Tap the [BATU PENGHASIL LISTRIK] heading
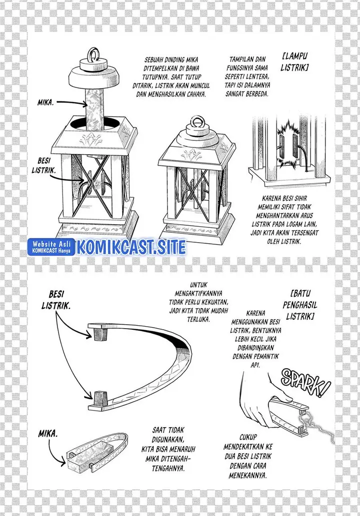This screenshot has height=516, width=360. pos(299,305)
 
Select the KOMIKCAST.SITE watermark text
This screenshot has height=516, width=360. pos(131,247)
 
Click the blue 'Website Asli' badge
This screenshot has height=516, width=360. pos(51,247)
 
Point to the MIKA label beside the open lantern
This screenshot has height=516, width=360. pos(45,103)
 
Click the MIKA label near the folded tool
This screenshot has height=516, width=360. pos(48,434)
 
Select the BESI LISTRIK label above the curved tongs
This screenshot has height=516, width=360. pos(56,300)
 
